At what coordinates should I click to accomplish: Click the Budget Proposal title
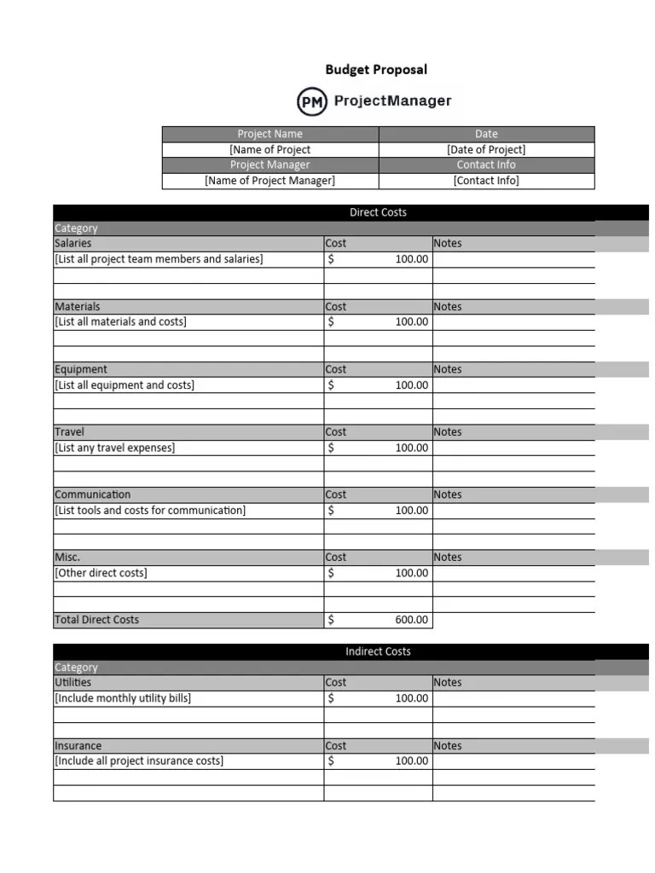(x=376, y=70)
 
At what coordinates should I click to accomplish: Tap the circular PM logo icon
(x=311, y=102)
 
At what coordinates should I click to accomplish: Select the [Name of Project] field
(x=270, y=149)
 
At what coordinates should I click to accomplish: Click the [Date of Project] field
(x=486, y=149)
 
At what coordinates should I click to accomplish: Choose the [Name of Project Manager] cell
(x=270, y=180)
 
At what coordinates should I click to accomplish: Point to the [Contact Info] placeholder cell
(x=486, y=180)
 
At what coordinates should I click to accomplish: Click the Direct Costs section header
(x=378, y=212)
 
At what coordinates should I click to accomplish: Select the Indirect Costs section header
(x=378, y=651)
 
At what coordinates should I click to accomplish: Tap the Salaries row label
(x=73, y=243)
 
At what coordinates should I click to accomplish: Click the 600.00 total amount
(x=412, y=620)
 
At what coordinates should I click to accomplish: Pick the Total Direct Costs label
(x=96, y=620)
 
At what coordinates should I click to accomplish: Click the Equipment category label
(x=81, y=369)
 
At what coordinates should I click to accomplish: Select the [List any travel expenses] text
(x=114, y=448)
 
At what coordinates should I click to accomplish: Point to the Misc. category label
(x=67, y=557)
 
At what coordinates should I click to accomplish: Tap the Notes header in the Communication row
(x=447, y=494)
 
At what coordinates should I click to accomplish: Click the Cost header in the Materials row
(x=336, y=306)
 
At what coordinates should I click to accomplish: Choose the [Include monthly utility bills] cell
(x=123, y=698)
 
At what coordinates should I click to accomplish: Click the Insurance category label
(x=78, y=745)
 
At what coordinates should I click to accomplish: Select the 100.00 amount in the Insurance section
(x=412, y=760)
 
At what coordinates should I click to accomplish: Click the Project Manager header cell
(x=270, y=165)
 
